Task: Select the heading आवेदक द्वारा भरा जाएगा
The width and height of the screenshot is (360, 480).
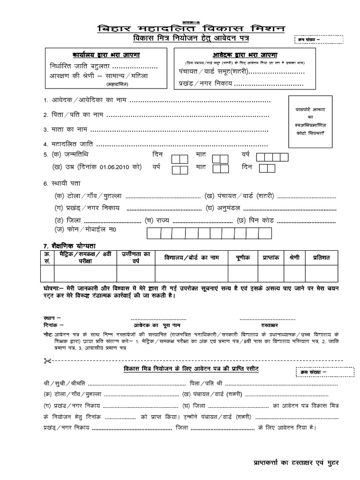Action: pos(242,55)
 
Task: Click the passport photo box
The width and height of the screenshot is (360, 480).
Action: pos(309,120)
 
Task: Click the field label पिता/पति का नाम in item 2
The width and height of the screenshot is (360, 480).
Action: pos(77,115)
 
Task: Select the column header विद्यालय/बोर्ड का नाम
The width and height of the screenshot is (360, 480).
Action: pos(192,258)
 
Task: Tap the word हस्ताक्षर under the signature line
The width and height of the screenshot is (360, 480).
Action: pos(265,324)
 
